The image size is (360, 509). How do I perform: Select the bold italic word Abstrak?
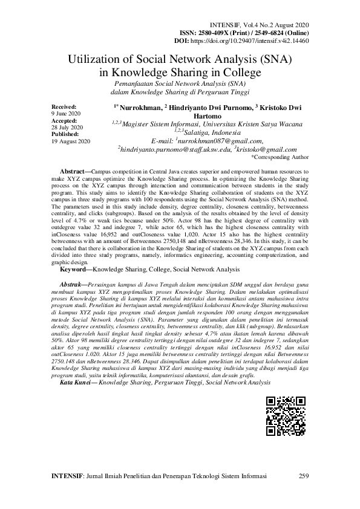(x=73, y=284)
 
